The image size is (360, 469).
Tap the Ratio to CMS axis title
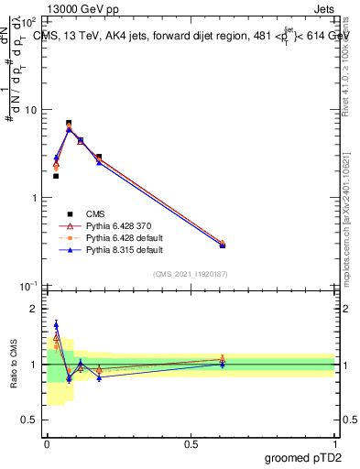[13, 366]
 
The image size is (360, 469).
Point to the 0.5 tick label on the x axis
[191, 444]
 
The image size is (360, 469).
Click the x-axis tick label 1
[334, 444]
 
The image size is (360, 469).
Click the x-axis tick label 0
[47, 444]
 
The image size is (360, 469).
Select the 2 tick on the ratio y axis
[33, 309]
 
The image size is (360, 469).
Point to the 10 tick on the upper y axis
[29, 110]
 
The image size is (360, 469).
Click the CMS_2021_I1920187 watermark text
[190, 275]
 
